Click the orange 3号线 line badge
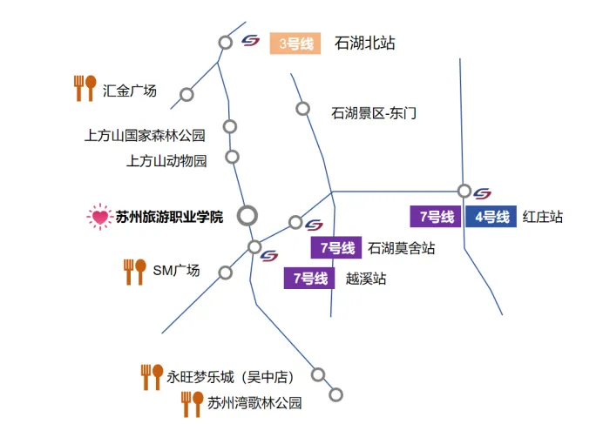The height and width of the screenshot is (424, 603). (x=295, y=43)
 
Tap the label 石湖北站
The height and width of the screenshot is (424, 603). (x=364, y=43)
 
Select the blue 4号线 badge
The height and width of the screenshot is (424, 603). (x=490, y=217)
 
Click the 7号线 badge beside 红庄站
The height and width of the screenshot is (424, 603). (x=436, y=217)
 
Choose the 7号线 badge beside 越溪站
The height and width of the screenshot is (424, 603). (x=309, y=279)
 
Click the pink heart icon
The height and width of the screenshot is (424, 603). (x=99, y=216)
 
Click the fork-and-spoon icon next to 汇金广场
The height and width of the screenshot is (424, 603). (x=85, y=88)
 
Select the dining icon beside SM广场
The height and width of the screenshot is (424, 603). (x=134, y=271)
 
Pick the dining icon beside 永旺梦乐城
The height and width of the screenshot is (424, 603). (x=152, y=376)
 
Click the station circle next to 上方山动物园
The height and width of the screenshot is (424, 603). (x=232, y=157)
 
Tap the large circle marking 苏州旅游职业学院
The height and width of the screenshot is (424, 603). (x=247, y=214)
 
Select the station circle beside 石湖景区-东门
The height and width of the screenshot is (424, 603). (x=302, y=109)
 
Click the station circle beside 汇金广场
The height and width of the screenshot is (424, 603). (x=186, y=94)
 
